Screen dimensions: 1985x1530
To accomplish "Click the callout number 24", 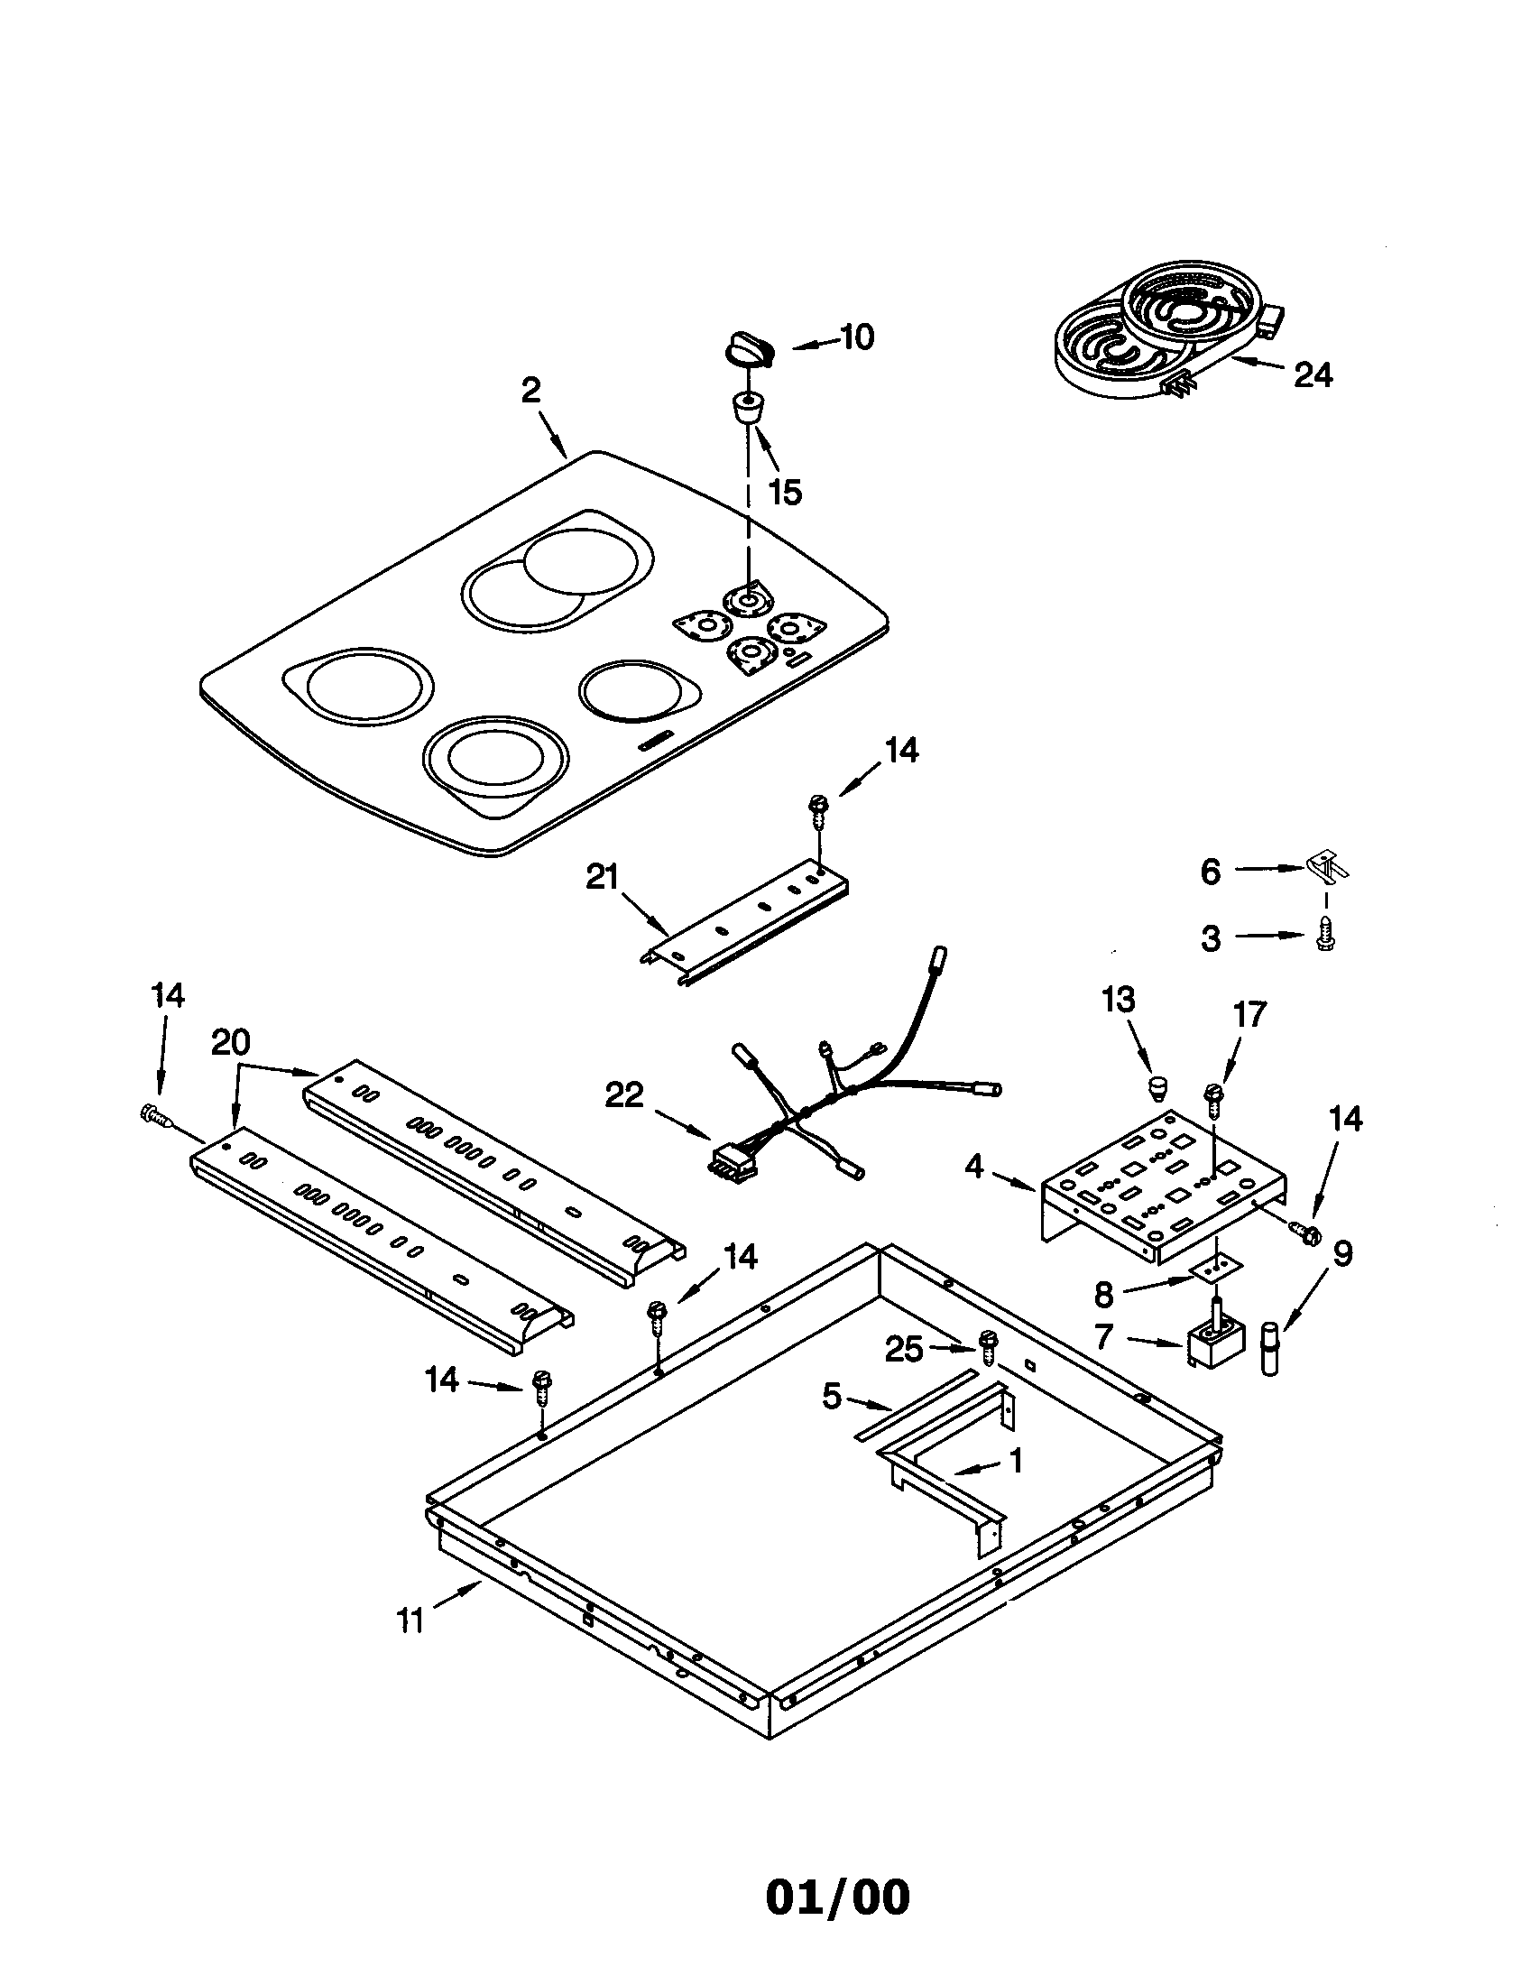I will click(1312, 374).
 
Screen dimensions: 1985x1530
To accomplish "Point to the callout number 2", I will click(530, 391).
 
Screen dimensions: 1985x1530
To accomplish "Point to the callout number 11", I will click(410, 1620).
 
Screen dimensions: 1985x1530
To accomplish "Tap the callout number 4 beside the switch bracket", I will click(974, 1166).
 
